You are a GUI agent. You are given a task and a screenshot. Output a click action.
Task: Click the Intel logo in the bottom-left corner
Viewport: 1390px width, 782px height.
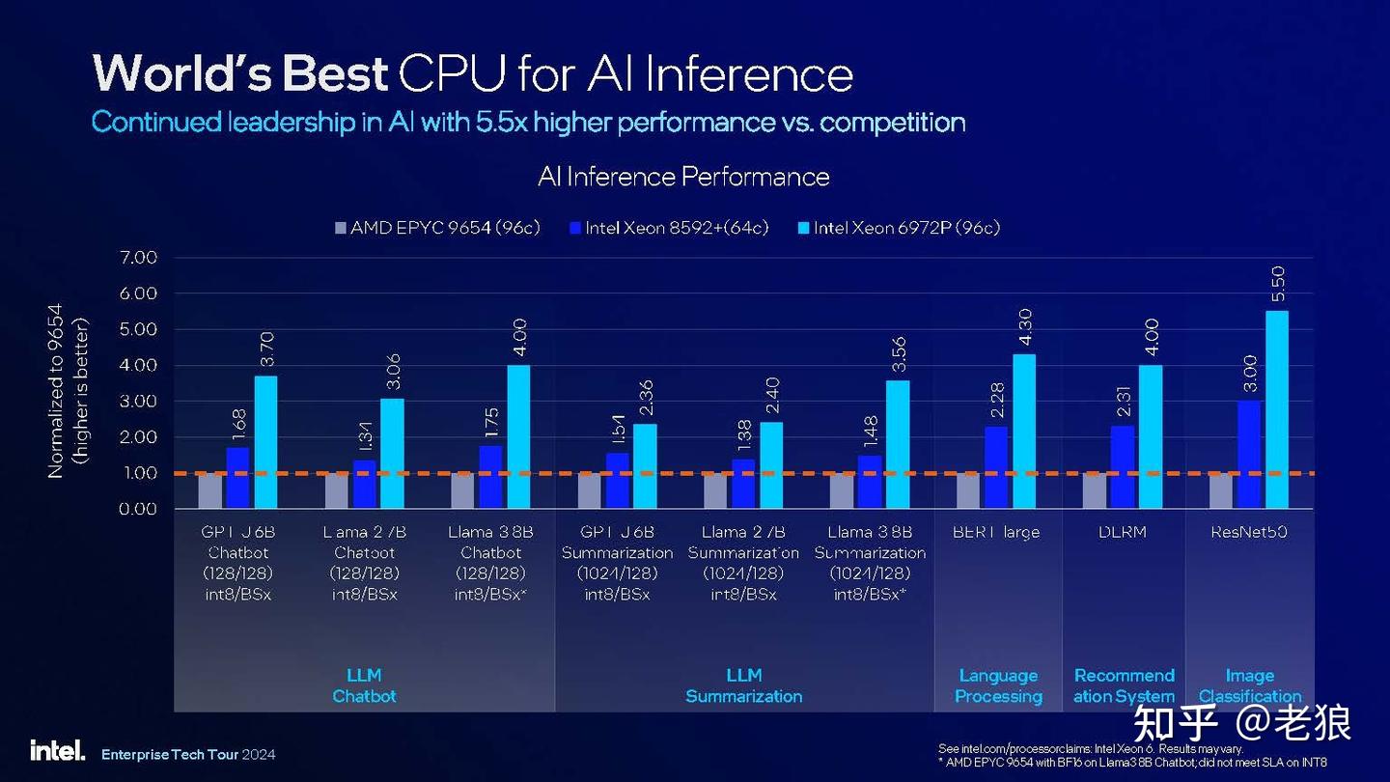[57, 750]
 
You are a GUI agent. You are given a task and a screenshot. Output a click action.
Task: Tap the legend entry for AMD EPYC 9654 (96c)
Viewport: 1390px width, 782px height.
[436, 228]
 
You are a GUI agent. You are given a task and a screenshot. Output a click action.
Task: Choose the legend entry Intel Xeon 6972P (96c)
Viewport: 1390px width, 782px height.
[897, 228]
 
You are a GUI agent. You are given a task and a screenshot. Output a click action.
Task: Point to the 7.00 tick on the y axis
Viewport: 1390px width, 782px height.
[139, 258]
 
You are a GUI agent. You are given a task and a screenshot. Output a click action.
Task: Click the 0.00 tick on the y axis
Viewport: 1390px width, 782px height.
[139, 509]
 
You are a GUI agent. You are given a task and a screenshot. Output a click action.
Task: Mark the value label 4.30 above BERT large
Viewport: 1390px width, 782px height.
[1025, 326]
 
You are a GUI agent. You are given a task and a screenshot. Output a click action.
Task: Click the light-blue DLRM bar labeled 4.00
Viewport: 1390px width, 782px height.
[1151, 436]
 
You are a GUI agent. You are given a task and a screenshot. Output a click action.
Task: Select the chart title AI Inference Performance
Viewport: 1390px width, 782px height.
[683, 177]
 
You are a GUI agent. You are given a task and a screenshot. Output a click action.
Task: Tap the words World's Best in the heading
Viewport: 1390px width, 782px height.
[240, 73]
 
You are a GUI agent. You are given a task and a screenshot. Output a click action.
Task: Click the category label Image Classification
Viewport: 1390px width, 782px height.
[1250, 685]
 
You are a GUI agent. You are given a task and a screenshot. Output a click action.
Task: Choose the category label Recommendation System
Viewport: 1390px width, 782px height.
[1124, 685]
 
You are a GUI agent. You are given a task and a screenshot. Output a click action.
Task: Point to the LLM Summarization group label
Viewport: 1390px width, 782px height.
[743, 685]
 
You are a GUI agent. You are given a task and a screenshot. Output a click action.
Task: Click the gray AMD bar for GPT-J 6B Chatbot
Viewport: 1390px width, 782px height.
[209, 490]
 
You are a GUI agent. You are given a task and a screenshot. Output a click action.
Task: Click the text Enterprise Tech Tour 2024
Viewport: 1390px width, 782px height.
[188, 753]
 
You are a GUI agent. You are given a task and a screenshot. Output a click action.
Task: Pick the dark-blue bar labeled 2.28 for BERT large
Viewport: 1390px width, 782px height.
[996, 467]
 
